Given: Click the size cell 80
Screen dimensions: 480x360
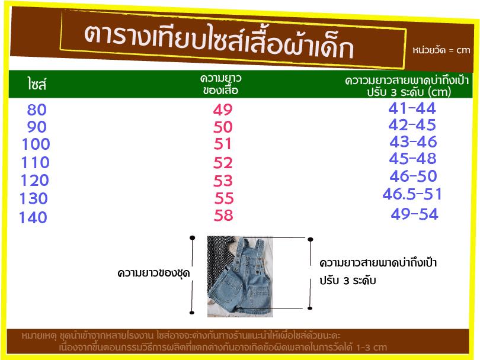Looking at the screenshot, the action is tap(37, 110).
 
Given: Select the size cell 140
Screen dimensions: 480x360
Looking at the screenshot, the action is tap(33, 217).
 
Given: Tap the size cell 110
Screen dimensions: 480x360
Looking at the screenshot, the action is tap(35, 162).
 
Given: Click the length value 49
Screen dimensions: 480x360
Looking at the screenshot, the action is tap(223, 110).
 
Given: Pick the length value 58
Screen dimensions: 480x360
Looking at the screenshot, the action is tap(223, 216).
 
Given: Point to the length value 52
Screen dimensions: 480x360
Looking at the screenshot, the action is tap(223, 163).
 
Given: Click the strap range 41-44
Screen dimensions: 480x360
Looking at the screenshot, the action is tap(412, 108).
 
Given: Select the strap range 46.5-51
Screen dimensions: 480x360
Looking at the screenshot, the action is tap(412, 194).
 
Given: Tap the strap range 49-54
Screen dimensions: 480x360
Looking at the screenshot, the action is tap(414, 214).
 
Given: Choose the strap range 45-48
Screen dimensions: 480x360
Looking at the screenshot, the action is tap(412, 159).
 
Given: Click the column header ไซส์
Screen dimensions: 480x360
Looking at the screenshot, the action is tap(37, 84).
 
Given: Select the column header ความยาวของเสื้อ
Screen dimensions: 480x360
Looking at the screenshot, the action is tap(220, 85).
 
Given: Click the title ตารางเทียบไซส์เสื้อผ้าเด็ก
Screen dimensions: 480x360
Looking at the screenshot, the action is tap(219, 41).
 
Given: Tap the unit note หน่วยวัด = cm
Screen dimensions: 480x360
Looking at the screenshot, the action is tap(441, 50).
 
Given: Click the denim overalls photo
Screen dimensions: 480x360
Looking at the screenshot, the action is tap(240, 277).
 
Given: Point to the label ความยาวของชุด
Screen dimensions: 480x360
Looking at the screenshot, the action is tap(153, 273).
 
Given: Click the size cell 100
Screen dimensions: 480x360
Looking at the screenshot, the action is tap(36, 144).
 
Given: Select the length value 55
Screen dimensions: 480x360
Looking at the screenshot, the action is tap(224, 198).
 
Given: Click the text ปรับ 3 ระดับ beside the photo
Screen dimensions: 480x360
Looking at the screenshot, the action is tap(348, 281).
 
